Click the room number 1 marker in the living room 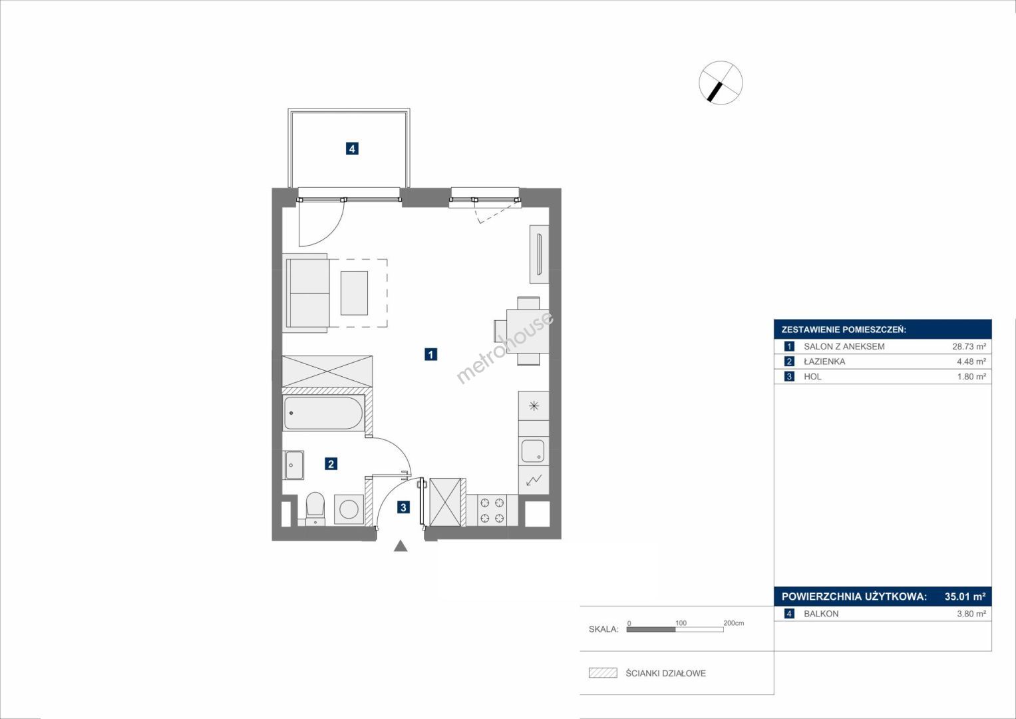pos(430,354)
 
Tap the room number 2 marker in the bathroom pos(331,464)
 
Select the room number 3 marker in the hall pos(403,507)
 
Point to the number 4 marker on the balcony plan pos(352,148)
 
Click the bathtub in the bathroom pos(323,413)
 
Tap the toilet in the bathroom pos(315,509)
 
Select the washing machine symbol pos(349,509)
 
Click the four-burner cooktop pos(492,510)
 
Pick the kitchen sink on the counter pos(533,451)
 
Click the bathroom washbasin pos(294,465)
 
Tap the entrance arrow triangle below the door pos(400,546)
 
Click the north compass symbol pos(721,83)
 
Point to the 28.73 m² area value pos(969,346)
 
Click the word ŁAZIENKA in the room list pos(824,361)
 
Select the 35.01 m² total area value pos(965,596)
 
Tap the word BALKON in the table pos(821,614)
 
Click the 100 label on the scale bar pos(681,622)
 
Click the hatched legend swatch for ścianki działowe pos(603,672)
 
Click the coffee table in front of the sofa pos(354,293)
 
